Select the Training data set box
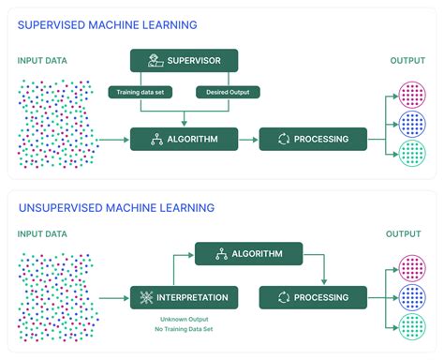(x=139, y=92)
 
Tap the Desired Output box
(x=228, y=92)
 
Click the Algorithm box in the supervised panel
(x=184, y=139)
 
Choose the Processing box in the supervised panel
(x=313, y=139)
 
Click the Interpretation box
(x=184, y=297)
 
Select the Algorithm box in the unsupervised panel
(x=248, y=254)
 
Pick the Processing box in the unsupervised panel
(x=313, y=297)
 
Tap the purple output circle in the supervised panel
(x=412, y=95)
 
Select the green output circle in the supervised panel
(x=412, y=153)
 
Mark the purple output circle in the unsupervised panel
(x=412, y=267)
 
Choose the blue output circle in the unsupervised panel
(x=412, y=297)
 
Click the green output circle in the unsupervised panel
(x=412, y=326)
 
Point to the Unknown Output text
(x=184, y=321)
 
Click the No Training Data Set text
(x=184, y=331)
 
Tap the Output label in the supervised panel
(x=407, y=61)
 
